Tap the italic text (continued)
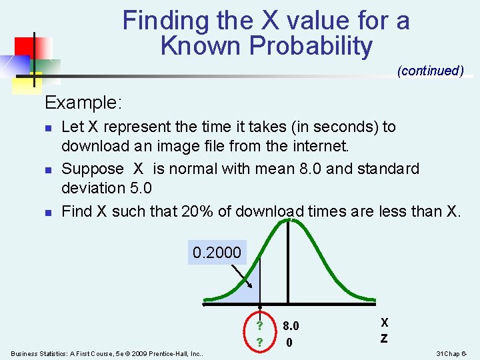pyautogui.click(x=430, y=71)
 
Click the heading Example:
pyautogui.click(x=83, y=103)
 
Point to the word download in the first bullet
pyautogui.click(x=89, y=145)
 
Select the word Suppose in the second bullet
pyautogui.click(x=92, y=169)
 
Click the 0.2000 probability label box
pyautogui.click(x=217, y=253)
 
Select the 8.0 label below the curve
pyautogui.click(x=291, y=327)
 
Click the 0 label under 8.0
pyautogui.click(x=288, y=343)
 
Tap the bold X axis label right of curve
pyautogui.click(x=385, y=322)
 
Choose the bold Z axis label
pyautogui.click(x=384, y=338)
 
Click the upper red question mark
pyautogui.click(x=259, y=326)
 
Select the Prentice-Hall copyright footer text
pyautogui.click(x=107, y=353)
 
